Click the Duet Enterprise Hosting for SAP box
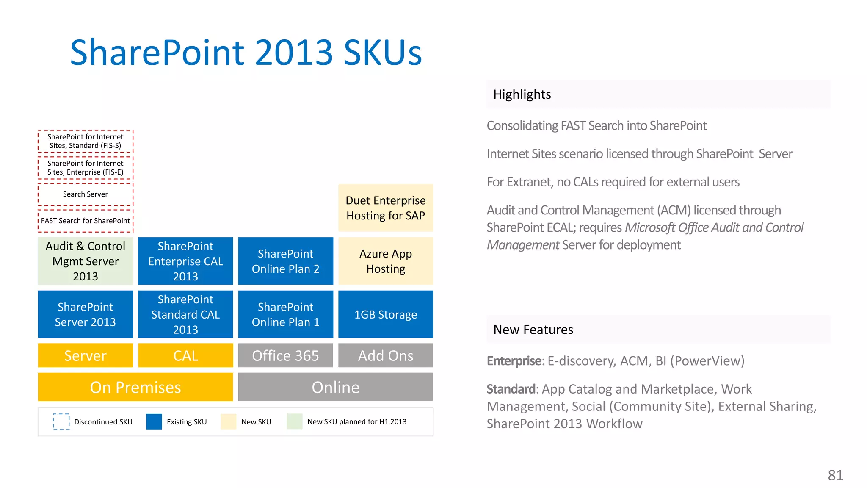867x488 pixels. (386, 208)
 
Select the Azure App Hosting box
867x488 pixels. (386, 261)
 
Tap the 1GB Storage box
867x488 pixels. (386, 314)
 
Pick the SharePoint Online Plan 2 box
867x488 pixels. (286, 261)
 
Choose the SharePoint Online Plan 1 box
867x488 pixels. (286, 314)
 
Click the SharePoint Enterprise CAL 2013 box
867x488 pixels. (185, 261)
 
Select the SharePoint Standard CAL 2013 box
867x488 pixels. (185, 314)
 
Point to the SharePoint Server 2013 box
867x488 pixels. (86, 314)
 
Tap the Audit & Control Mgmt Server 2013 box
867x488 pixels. (86, 261)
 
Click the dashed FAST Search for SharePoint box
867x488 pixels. (86, 221)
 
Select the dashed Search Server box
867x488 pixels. (86, 194)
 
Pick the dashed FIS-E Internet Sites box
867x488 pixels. (86, 168)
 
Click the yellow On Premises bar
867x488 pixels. (135, 387)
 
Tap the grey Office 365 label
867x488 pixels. (286, 355)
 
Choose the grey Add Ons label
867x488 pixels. (386, 355)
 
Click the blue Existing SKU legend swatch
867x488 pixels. (154, 421)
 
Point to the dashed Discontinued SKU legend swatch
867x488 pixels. (61, 421)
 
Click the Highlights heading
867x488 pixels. (522, 94)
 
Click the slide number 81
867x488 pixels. (836, 475)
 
